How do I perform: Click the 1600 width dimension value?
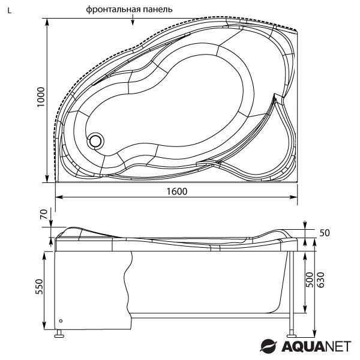tap(177, 191)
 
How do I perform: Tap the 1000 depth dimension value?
tap(41, 97)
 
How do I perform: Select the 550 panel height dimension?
tap(39, 287)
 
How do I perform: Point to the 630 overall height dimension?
tap(320, 280)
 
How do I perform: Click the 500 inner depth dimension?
tap(309, 280)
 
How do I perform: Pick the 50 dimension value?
tap(325, 233)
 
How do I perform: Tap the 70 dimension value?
tap(44, 214)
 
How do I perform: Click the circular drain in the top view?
tap(95, 141)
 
